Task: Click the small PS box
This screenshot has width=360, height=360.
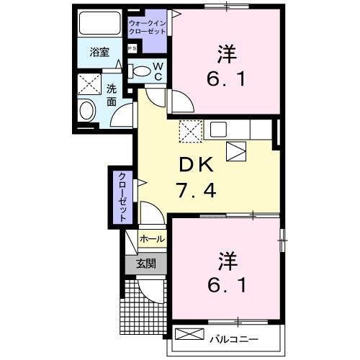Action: pos(131,48)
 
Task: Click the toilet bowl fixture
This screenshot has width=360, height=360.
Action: pos(142,71)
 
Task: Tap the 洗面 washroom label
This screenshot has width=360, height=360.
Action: pos(112,95)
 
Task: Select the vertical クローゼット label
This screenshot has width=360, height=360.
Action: pos(122,196)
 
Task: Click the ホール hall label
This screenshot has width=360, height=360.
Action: pos(150,238)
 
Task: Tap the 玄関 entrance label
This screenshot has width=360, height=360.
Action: pos(146,264)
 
